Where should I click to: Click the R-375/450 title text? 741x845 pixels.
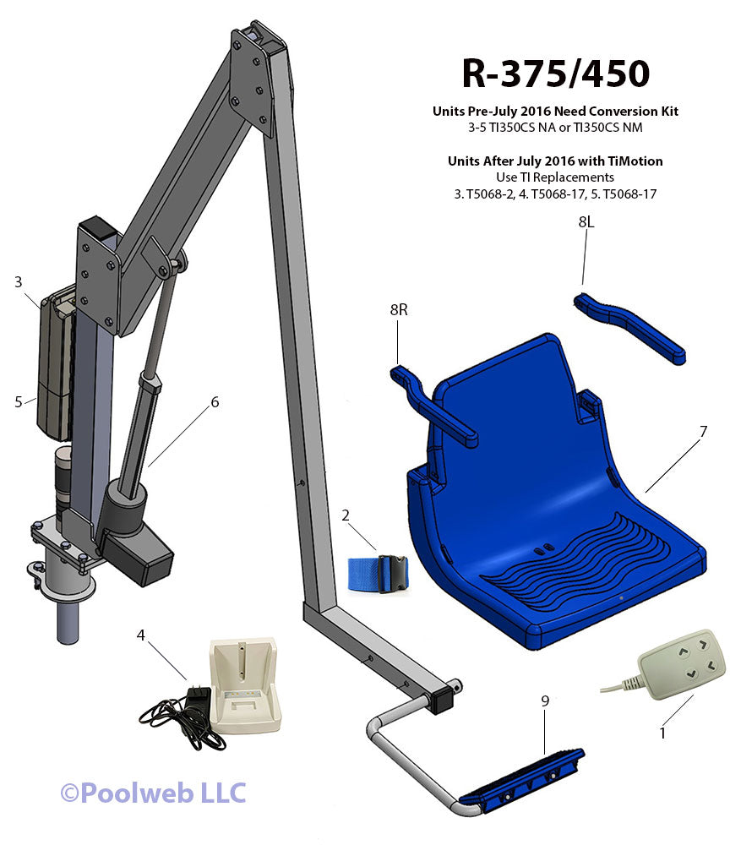click(x=555, y=74)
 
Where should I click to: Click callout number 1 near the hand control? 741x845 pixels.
click(x=662, y=733)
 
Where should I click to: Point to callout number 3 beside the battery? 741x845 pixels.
click(x=18, y=282)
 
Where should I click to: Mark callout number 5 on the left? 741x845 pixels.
click(x=18, y=402)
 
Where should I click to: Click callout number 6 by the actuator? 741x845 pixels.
click(x=215, y=402)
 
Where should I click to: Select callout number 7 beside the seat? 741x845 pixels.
click(x=703, y=432)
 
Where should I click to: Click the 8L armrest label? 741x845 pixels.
click(x=586, y=222)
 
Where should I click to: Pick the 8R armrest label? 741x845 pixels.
click(x=399, y=310)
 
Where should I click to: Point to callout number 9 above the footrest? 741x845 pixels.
click(x=545, y=701)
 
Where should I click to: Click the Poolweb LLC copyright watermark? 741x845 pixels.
click(x=153, y=793)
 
